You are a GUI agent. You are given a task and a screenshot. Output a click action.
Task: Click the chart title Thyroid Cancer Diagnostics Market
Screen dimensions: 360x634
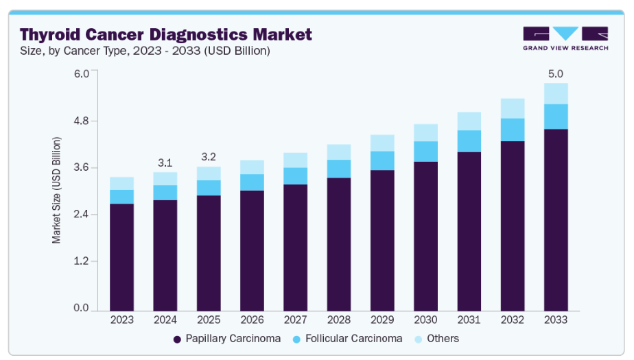click(x=165, y=34)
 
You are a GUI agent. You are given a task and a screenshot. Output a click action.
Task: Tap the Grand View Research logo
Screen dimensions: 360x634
click(x=565, y=38)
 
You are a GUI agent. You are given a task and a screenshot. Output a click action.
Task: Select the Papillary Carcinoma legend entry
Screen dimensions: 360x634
click(x=227, y=339)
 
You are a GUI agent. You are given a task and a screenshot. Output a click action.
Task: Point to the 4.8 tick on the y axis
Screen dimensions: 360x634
click(x=82, y=121)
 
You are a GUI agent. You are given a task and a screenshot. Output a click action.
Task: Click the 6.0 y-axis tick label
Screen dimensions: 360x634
click(x=82, y=74)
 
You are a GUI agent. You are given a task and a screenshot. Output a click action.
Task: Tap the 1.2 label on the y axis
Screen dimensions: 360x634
click(x=82, y=261)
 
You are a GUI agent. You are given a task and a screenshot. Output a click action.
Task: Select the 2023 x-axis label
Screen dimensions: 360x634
click(x=121, y=320)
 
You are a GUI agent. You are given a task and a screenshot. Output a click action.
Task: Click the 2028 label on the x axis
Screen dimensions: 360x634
click(x=339, y=320)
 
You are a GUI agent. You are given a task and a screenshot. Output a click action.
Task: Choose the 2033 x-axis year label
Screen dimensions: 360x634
click(x=556, y=320)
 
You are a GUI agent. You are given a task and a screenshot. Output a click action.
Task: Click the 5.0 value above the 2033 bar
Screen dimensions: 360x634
click(x=556, y=73)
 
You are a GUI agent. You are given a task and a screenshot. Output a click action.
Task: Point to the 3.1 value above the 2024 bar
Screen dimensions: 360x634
click(x=165, y=163)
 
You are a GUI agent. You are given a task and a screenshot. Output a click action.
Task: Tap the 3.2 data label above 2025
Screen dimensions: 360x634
click(x=209, y=157)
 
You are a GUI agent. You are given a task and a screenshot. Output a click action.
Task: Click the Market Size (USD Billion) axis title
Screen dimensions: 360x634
click(x=57, y=191)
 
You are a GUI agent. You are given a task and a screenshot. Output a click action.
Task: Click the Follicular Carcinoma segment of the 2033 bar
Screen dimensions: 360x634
click(x=556, y=117)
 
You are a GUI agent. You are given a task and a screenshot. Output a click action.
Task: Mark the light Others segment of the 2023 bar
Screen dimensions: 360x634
click(x=121, y=183)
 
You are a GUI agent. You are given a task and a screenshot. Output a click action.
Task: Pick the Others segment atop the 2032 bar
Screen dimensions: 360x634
click(x=513, y=108)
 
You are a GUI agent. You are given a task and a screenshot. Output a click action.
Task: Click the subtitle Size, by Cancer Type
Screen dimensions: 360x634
click(x=145, y=51)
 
